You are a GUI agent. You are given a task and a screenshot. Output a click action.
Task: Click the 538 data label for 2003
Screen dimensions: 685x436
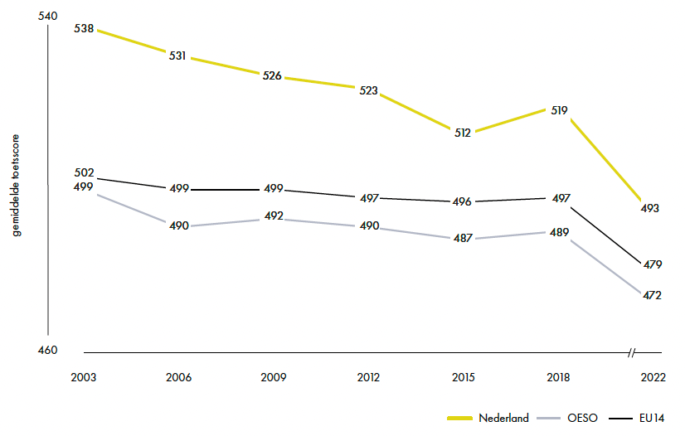click(x=84, y=29)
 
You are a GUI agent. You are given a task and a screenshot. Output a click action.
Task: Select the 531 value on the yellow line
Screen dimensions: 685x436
click(x=177, y=56)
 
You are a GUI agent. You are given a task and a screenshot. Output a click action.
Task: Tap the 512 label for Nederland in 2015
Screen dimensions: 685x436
click(x=462, y=133)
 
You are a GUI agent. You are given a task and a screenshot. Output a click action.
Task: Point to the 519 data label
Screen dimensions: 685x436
click(x=559, y=110)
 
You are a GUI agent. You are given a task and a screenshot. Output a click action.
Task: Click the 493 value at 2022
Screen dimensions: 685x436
click(x=649, y=208)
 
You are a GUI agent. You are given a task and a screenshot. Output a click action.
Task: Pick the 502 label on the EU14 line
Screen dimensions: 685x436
click(x=84, y=172)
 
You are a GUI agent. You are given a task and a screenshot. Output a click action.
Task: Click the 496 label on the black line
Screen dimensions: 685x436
click(x=462, y=201)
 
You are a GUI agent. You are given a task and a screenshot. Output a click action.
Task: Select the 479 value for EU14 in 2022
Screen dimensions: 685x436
click(x=653, y=264)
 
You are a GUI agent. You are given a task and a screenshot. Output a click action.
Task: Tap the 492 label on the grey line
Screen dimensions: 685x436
click(x=274, y=216)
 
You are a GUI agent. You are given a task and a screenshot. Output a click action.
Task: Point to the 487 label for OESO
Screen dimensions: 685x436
click(x=463, y=238)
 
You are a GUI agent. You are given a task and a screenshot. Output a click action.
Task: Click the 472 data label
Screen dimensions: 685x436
click(x=652, y=295)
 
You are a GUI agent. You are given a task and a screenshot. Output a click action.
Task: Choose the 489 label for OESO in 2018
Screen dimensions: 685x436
click(x=559, y=232)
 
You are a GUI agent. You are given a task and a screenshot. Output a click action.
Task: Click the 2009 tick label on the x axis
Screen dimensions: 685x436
click(x=274, y=377)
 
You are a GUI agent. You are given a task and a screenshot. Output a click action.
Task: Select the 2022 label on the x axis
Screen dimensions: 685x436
click(x=653, y=377)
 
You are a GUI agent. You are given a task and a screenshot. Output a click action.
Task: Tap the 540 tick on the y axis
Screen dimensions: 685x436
click(x=47, y=16)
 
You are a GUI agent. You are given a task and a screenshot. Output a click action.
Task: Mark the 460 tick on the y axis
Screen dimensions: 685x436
click(x=47, y=350)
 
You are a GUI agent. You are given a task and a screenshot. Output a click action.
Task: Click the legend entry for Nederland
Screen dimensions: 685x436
click(x=488, y=418)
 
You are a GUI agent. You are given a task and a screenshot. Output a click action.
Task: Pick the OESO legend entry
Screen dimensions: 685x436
click(x=567, y=418)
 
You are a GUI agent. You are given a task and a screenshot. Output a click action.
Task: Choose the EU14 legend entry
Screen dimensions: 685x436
click(x=637, y=418)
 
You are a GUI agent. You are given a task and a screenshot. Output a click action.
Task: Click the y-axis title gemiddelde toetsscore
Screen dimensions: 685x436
click(x=16, y=186)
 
